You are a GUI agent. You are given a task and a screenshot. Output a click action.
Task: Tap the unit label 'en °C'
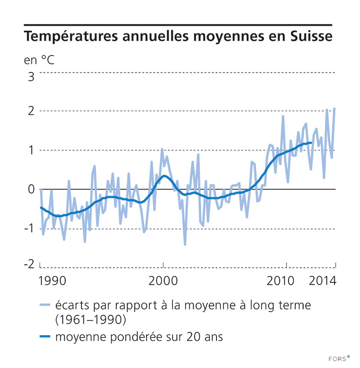[39, 59]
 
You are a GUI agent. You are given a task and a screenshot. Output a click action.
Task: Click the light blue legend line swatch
[45, 305]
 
